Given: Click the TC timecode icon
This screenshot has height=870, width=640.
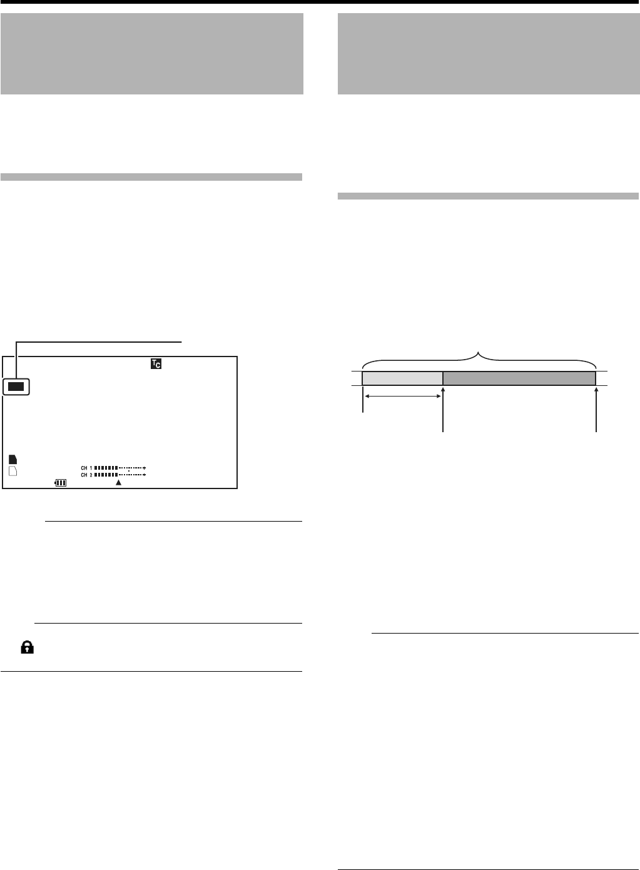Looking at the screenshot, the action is (x=156, y=364).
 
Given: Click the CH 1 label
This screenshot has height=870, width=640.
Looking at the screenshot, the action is (x=86, y=468).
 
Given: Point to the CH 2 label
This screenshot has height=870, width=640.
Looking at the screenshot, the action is (x=86, y=475).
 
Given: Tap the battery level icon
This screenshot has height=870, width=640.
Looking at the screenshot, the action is (x=61, y=483).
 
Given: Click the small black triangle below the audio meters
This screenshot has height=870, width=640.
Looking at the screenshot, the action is (x=118, y=483).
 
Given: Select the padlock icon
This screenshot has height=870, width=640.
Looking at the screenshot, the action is (x=27, y=648).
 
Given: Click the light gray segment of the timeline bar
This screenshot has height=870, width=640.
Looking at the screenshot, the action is (x=402, y=378).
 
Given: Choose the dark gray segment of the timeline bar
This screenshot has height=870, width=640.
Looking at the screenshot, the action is (x=519, y=378).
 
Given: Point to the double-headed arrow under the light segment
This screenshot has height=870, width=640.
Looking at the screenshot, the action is (x=402, y=396).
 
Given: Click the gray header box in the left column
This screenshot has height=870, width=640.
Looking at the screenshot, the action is (x=152, y=53).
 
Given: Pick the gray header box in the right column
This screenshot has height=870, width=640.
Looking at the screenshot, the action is (x=488, y=53).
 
